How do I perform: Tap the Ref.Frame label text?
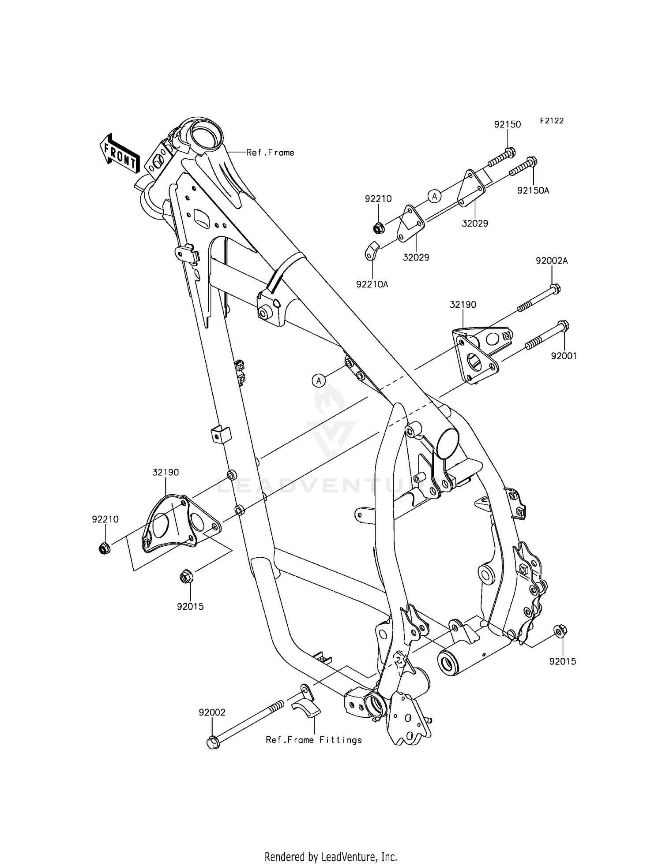[x=270, y=153]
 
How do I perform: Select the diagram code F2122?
[x=551, y=120]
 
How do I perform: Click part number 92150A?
[x=533, y=190]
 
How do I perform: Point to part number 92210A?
[x=372, y=284]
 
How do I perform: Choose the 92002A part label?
[x=552, y=261]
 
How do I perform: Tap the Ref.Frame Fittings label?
[x=313, y=740]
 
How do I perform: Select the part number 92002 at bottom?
[x=212, y=712]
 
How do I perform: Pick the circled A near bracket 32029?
[x=434, y=196]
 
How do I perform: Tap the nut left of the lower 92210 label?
[x=104, y=548]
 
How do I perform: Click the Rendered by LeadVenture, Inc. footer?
[x=331, y=845]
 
